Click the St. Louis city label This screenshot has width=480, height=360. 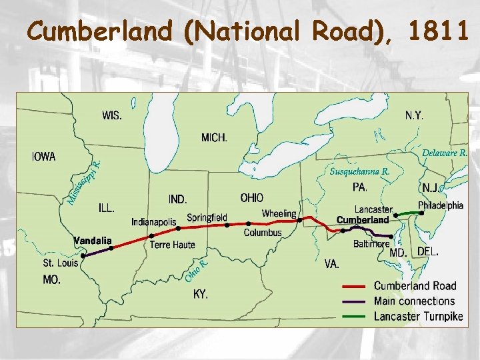point(61,263)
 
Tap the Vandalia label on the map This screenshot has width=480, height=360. point(93,240)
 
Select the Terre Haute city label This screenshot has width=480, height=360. point(173,245)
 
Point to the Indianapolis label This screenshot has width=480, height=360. point(154,221)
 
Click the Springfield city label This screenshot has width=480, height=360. point(207,217)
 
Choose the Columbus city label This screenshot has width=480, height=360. point(263,233)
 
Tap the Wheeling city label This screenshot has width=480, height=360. point(279,214)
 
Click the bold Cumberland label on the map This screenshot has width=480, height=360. point(363,220)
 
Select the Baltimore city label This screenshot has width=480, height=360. point(371,244)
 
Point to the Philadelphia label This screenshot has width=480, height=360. point(441,205)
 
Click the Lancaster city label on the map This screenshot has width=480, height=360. point(373,209)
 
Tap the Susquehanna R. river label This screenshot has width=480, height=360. point(360,171)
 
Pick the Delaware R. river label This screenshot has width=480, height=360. point(445,153)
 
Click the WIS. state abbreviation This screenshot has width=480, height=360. point(112,115)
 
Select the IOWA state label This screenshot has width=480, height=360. point(44,157)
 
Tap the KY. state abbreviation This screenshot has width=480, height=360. point(201,293)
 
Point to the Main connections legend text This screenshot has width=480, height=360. point(414,301)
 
